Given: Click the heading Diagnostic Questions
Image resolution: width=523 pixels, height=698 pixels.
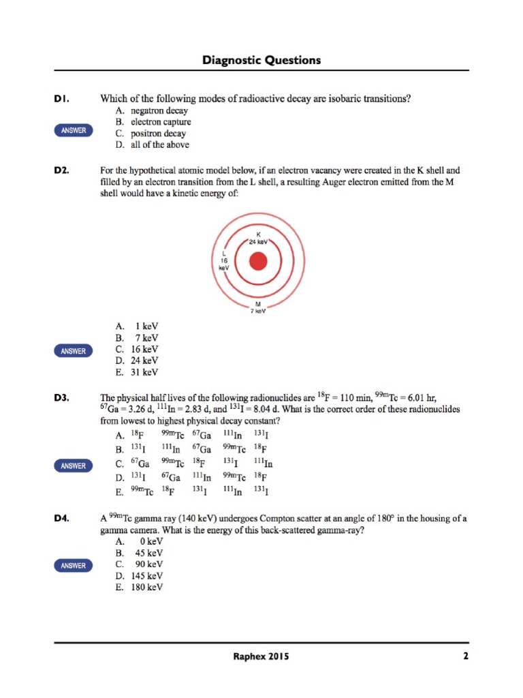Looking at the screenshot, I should coord(261,61).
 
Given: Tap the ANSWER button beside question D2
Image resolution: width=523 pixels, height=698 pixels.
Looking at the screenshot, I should coord(74,351).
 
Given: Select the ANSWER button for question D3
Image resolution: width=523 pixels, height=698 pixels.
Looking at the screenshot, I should coord(74,466).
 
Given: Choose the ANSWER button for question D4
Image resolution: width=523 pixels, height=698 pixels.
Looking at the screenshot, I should coord(74,566).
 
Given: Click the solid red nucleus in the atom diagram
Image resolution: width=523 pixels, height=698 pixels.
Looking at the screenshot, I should coord(258,262).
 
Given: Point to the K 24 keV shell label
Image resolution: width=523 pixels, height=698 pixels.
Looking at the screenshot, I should coord(259,238).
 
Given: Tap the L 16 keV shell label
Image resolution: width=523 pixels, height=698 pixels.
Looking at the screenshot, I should coord(224,261).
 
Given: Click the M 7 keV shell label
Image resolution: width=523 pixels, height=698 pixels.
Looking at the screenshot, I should coord(257,307).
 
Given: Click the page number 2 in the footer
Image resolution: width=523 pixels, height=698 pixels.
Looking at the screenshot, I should coord(465,656).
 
